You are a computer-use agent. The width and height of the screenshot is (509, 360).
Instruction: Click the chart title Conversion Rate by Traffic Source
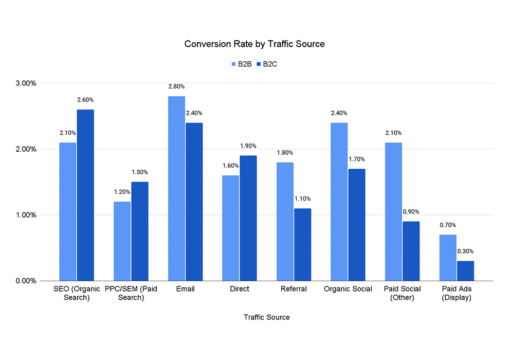[254, 44]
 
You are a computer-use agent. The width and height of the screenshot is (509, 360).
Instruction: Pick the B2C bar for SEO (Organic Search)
[85, 195]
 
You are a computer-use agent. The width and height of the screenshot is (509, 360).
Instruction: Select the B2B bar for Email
[176, 188]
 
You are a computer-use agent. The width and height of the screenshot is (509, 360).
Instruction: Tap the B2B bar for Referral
[285, 221]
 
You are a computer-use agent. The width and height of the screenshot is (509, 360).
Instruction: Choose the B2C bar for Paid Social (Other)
[411, 251]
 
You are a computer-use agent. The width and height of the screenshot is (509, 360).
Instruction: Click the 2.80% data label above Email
[176, 86]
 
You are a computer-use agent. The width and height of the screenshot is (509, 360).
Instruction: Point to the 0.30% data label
[465, 251]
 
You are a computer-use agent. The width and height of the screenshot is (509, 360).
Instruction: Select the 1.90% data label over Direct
[248, 146]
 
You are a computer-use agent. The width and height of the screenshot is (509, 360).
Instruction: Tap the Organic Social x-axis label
[348, 289]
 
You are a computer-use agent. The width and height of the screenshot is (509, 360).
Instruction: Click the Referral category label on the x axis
[294, 289]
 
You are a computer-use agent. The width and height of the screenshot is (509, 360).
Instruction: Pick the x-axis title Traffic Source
[266, 317]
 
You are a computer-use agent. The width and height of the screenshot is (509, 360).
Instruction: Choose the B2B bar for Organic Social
[339, 202]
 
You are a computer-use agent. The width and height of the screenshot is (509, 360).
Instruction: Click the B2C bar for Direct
[248, 218]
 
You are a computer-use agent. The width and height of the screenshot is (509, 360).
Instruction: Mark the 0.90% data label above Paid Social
[411, 212]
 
